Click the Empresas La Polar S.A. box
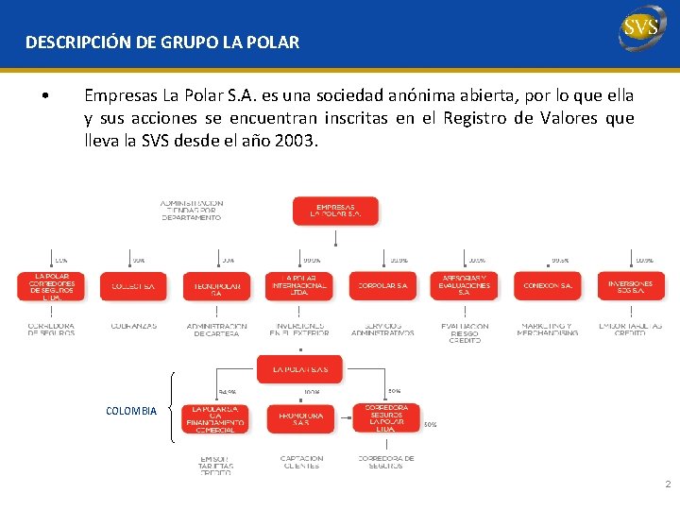pyautogui.click(x=335, y=211)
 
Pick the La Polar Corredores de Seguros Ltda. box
pyautogui.click(x=50, y=286)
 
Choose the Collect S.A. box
pyautogui.click(x=132, y=286)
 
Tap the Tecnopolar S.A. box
pyautogui.click(x=216, y=287)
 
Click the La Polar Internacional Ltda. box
pyautogui.click(x=299, y=286)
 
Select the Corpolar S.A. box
pyautogui.click(x=382, y=286)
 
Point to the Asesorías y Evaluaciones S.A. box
pyautogui.click(x=464, y=286)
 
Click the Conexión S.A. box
pyautogui.click(x=547, y=286)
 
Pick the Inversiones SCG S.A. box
pyautogui.click(x=630, y=286)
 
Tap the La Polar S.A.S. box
pyautogui.click(x=299, y=368)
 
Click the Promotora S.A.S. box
pyautogui.click(x=300, y=418)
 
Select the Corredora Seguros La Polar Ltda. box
pyautogui.click(x=385, y=417)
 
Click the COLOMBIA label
pyautogui.click(x=131, y=412)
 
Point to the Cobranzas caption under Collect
pyautogui.click(x=133, y=326)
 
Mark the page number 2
pyautogui.click(x=668, y=484)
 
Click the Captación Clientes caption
pyautogui.click(x=301, y=462)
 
